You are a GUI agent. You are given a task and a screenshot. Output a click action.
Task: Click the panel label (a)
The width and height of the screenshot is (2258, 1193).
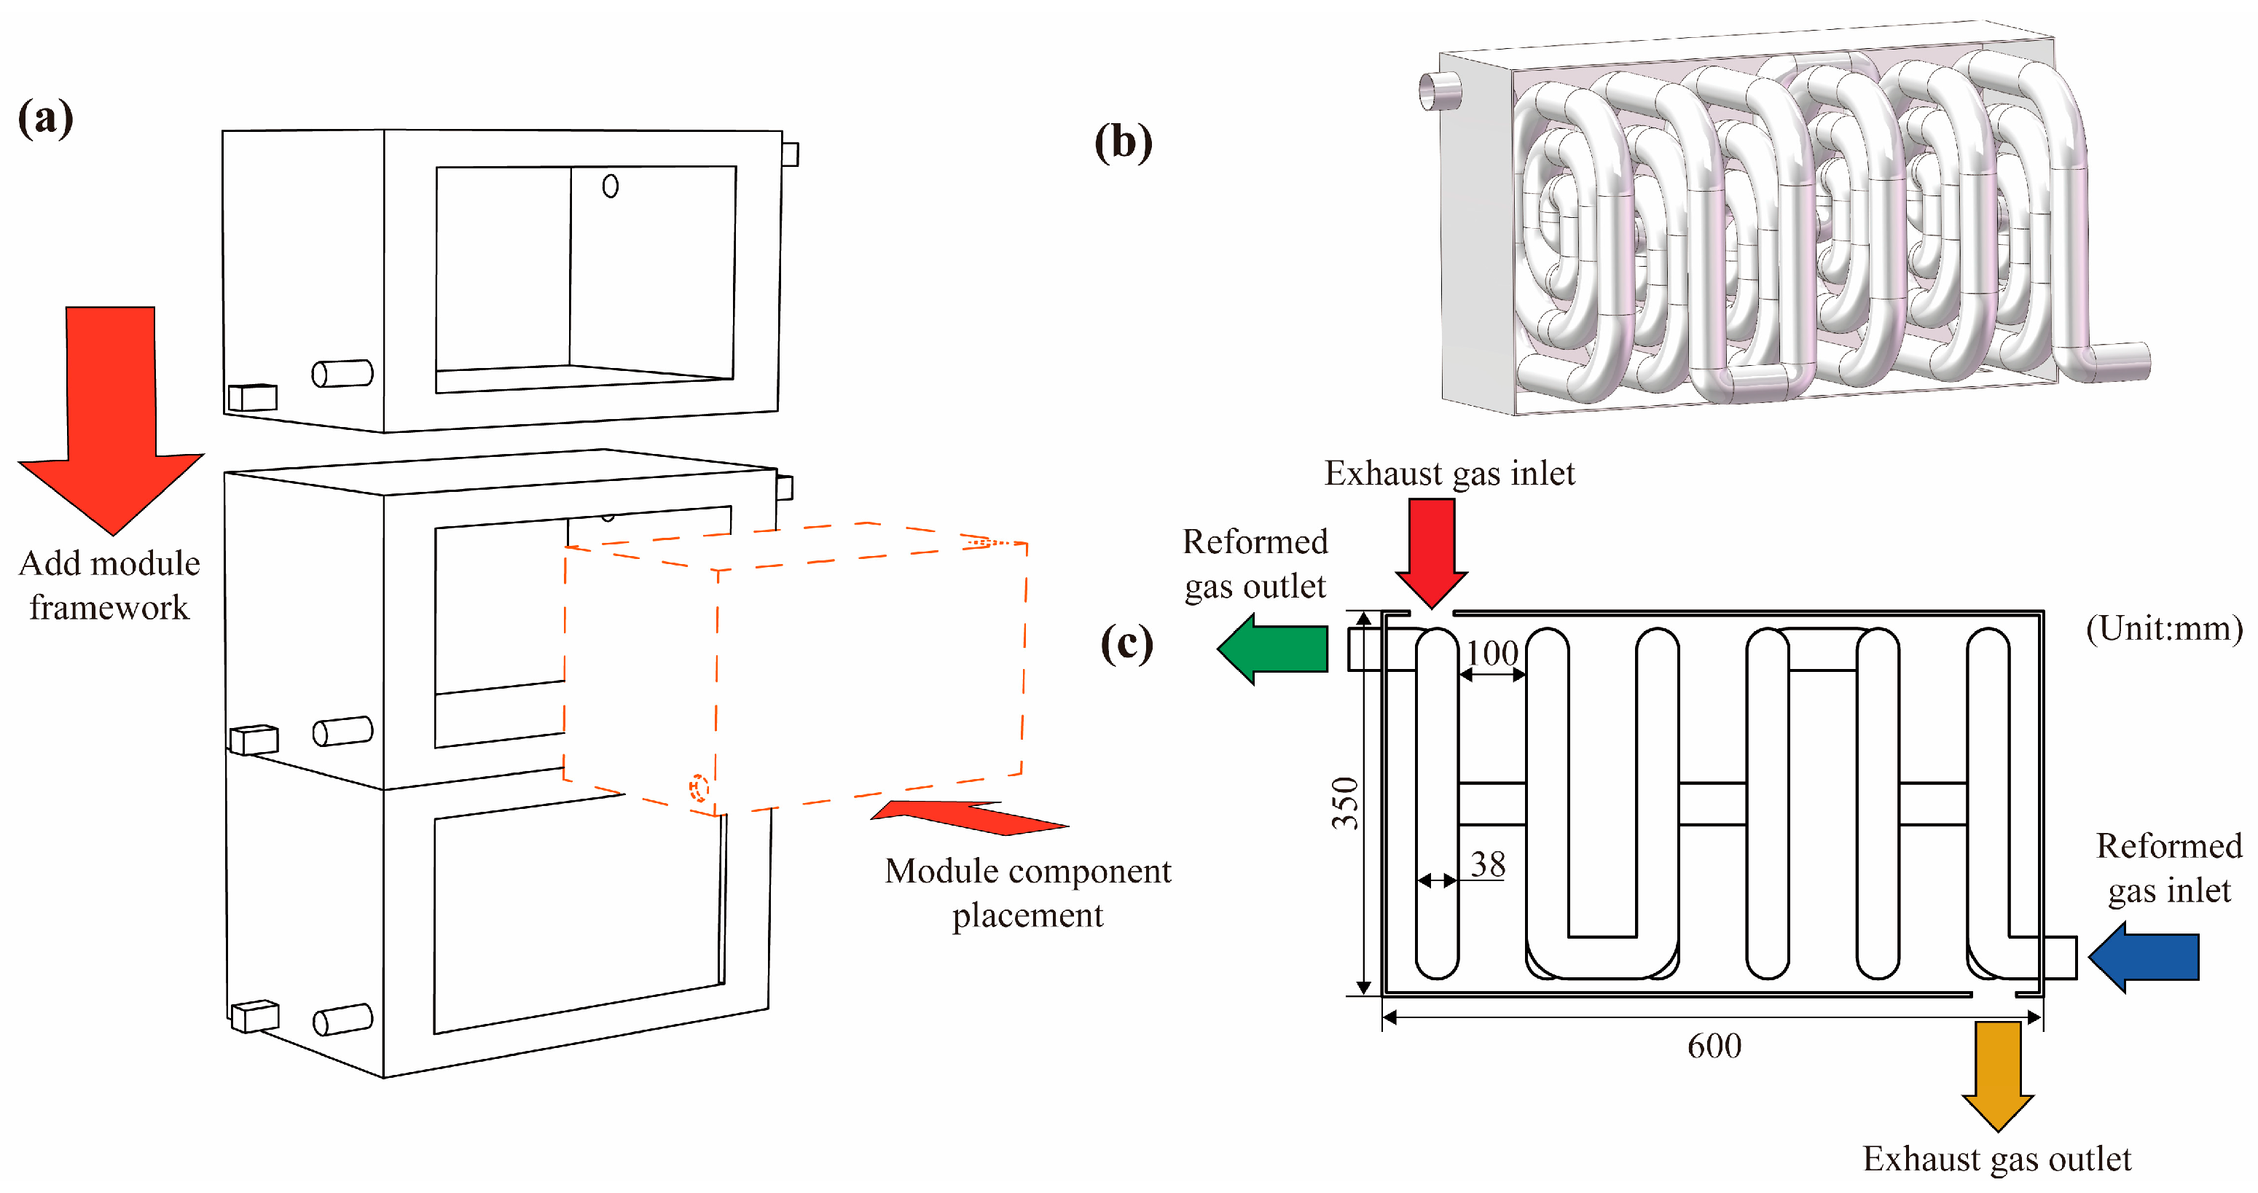46,118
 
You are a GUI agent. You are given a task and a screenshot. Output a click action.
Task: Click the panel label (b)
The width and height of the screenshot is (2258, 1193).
1123,142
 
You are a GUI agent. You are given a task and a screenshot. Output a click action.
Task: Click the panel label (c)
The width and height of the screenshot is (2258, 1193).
1126,644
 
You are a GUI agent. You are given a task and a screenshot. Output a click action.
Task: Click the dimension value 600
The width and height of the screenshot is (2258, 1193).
1714,1046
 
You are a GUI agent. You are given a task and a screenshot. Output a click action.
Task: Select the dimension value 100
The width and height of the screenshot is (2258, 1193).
1492,653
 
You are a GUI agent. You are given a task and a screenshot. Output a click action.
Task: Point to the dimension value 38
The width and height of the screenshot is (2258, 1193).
1488,864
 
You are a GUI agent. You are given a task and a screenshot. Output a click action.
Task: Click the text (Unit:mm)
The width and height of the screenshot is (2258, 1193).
2163,628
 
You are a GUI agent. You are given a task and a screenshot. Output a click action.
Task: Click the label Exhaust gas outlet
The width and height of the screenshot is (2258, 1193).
1996,1159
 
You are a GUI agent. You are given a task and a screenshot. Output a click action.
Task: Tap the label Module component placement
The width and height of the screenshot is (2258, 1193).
1027,892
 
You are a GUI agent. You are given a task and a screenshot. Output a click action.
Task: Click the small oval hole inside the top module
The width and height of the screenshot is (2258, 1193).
610,186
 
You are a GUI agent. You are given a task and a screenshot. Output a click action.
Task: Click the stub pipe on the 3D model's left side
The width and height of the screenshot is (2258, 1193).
1439,91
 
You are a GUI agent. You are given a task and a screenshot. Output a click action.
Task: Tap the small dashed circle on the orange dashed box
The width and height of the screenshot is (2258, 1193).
698,788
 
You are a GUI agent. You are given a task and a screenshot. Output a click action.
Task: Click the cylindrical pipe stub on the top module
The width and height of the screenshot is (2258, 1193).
342,373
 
